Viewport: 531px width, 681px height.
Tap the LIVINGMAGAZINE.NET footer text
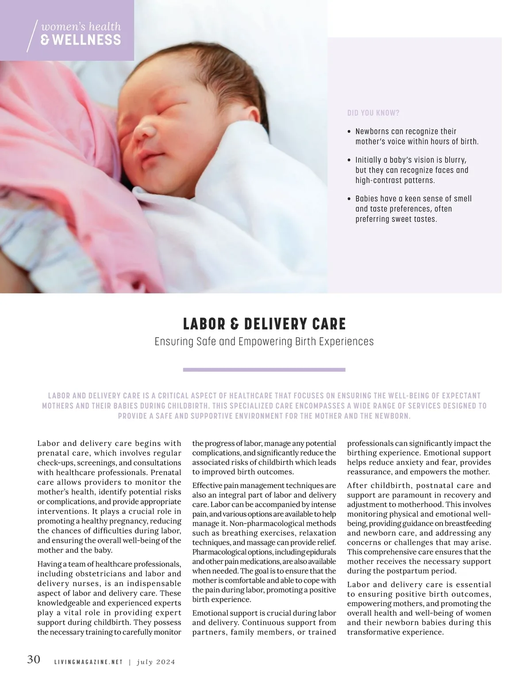88,662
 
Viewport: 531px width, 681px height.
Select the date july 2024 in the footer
156,662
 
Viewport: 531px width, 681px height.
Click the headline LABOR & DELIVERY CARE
264,324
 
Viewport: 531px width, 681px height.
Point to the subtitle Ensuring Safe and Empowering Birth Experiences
264,342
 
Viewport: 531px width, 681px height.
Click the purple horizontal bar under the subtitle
264,369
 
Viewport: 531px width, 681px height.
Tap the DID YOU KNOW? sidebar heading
373,113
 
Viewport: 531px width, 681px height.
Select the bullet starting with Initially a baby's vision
412,170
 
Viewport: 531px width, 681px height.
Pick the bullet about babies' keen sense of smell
413,209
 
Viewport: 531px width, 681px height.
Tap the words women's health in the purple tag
81,27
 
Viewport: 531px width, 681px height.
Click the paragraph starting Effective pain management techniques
264,542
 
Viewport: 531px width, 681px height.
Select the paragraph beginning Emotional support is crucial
264,623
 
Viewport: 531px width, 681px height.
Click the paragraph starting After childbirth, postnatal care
419,528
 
